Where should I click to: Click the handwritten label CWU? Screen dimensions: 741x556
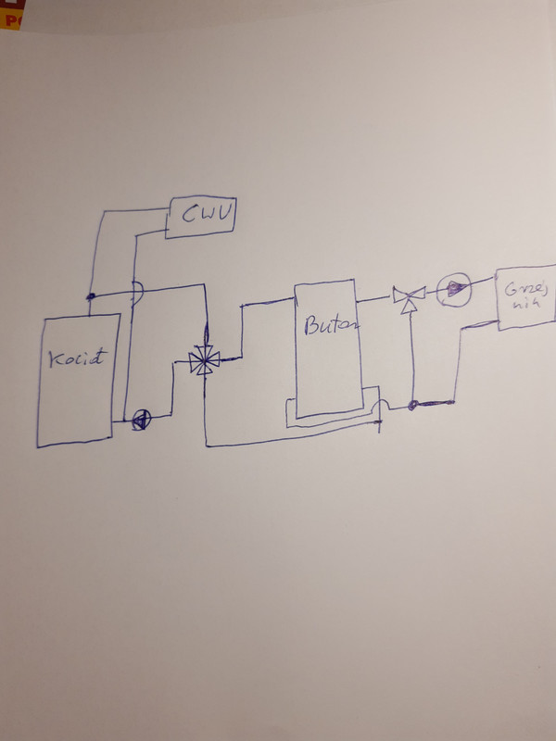pyautogui.click(x=201, y=217)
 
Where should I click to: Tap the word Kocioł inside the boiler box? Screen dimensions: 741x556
pyautogui.click(x=77, y=358)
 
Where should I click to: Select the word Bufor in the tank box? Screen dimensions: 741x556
pyautogui.click(x=328, y=326)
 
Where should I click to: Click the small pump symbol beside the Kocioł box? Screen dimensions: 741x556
pyautogui.click(x=139, y=420)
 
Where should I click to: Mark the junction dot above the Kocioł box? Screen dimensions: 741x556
pyautogui.click(x=91, y=297)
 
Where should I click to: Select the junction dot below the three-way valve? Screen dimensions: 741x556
pyautogui.click(x=411, y=403)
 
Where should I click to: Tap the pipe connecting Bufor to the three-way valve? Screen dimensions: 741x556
pyautogui.click(x=375, y=298)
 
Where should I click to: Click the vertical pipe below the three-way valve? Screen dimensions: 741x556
pyautogui.click(x=409, y=357)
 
